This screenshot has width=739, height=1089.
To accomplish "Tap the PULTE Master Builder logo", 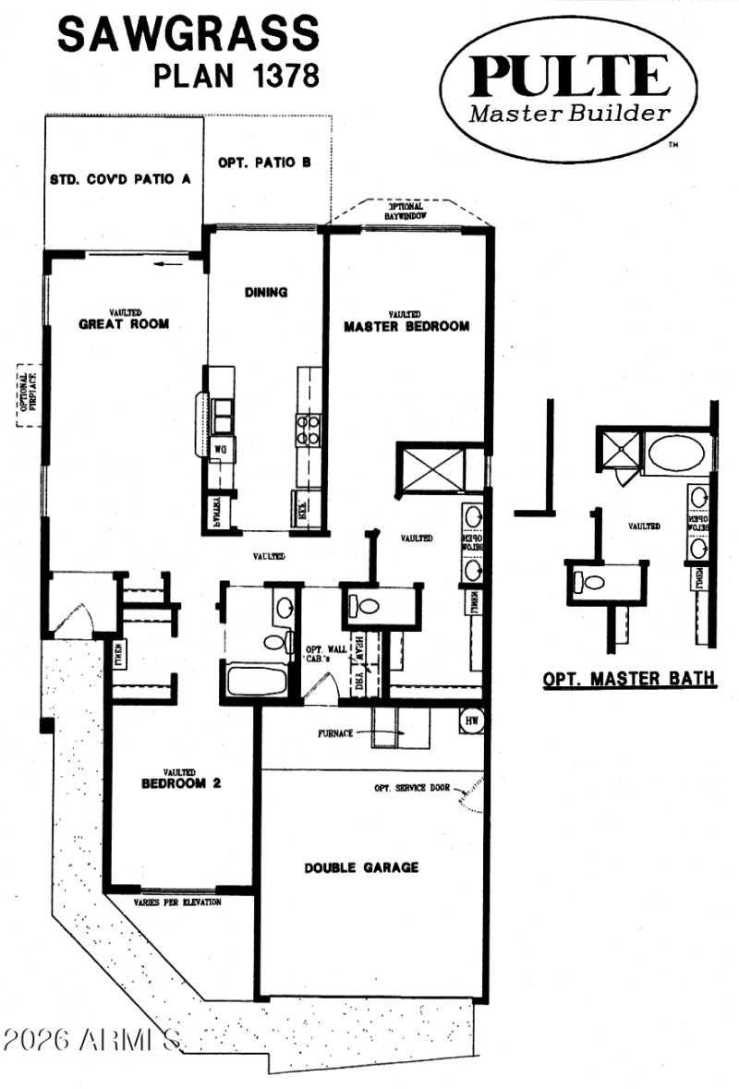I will point(568,90).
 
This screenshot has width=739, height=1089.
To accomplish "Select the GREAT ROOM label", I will point(123,323).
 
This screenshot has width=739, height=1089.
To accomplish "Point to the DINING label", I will point(266,293).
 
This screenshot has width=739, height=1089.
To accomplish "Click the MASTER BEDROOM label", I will point(406,326).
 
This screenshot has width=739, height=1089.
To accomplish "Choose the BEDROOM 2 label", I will point(181,783).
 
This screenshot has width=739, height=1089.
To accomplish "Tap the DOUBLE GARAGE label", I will point(361,867).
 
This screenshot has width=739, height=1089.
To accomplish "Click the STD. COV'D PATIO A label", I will point(120,179).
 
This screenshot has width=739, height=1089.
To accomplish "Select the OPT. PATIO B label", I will point(263,162).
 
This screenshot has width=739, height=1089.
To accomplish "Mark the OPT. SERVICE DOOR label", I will point(412,788).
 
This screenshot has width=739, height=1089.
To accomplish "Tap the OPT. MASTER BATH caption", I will point(628,679).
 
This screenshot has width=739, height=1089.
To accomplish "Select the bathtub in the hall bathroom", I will point(257,682).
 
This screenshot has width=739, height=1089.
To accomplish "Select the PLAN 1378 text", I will point(236,76).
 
